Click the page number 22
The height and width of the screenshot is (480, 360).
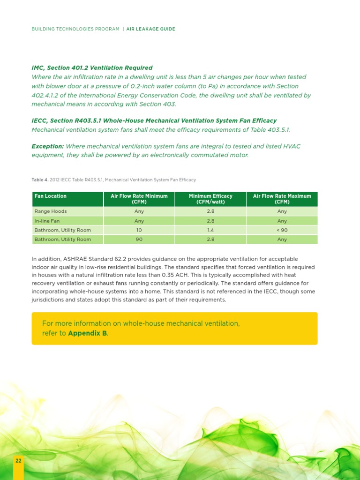pos(18,461)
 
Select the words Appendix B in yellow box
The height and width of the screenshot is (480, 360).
pos(88,333)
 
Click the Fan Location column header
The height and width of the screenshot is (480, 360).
pos(51,196)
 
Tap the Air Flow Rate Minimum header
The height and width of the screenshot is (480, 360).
pos(139,199)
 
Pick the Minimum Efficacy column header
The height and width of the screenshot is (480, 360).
pos(210,199)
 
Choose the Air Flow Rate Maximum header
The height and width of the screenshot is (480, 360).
pos(282,199)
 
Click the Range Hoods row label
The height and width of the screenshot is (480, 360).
pos(51,211)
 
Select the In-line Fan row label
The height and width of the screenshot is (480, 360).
pos(47,221)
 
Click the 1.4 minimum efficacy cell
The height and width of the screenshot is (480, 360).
pos(210,230)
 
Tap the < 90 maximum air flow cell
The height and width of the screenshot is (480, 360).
pos(282,230)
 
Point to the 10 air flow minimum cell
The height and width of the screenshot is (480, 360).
pos(139,230)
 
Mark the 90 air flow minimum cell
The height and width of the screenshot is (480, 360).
pos(139,240)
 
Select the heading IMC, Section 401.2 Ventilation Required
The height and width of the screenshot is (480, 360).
pos(92,68)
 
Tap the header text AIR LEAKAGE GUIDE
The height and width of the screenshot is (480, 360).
pos(150,29)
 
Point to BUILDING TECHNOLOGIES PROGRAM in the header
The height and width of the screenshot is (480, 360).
pos(75,29)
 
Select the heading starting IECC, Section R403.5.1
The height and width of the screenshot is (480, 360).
pos(154,120)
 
